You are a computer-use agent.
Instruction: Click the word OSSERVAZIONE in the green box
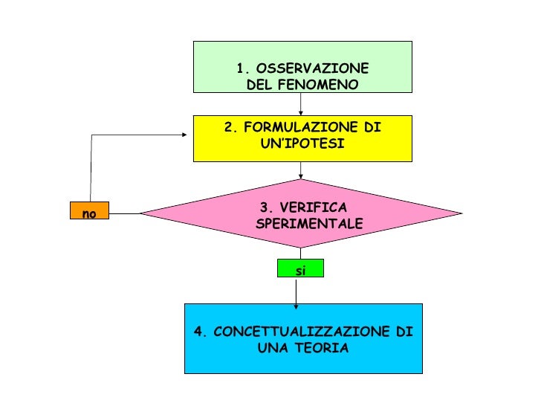tap(311, 69)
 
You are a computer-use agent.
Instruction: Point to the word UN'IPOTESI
tap(302, 143)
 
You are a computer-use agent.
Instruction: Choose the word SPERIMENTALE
tap(308, 223)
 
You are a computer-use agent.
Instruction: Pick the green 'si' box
tap(300, 269)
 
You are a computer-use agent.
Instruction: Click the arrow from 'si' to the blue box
tap(297, 291)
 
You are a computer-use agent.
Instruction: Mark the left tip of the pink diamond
tap(142, 213)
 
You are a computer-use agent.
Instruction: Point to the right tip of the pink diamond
tap(460, 213)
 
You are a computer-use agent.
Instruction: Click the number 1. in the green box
tap(242, 69)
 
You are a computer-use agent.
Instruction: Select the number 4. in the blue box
tap(198, 332)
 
